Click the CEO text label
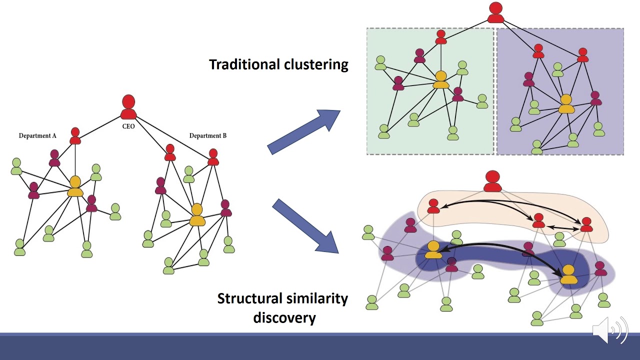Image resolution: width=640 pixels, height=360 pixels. pyautogui.click(x=128, y=126)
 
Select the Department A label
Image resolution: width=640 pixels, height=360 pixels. pyautogui.click(x=37, y=135)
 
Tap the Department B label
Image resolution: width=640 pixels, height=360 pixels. pyautogui.click(x=208, y=135)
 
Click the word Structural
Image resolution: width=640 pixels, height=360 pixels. pyautogui.click(x=250, y=299)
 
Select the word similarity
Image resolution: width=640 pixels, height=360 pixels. pyautogui.click(x=317, y=299)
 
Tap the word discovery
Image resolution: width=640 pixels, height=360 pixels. pyautogui.click(x=284, y=318)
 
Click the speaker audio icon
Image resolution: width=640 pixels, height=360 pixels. pyautogui.click(x=610, y=329)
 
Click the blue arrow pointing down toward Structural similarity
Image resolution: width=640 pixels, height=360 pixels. pyautogui.click(x=305, y=225)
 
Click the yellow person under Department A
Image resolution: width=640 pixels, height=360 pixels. pyautogui.click(x=75, y=186)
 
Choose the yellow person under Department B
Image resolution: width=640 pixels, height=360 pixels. pyautogui.click(x=197, y=214)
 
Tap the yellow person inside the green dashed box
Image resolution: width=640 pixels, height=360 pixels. pyautogui.click(x=440, y=79)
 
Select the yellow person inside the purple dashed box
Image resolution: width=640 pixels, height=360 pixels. pyautogui.click(x=566, y=104)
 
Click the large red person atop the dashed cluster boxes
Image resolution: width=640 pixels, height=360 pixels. pyautogui.click(x=495, y=12)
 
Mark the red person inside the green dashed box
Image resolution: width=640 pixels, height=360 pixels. pyautogui.click(x=440, y=37)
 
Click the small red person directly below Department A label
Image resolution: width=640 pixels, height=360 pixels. pyautogui.click(x=75, y=135)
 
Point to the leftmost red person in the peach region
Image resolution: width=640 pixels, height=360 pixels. pyautogui.click(x=433, y=206)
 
